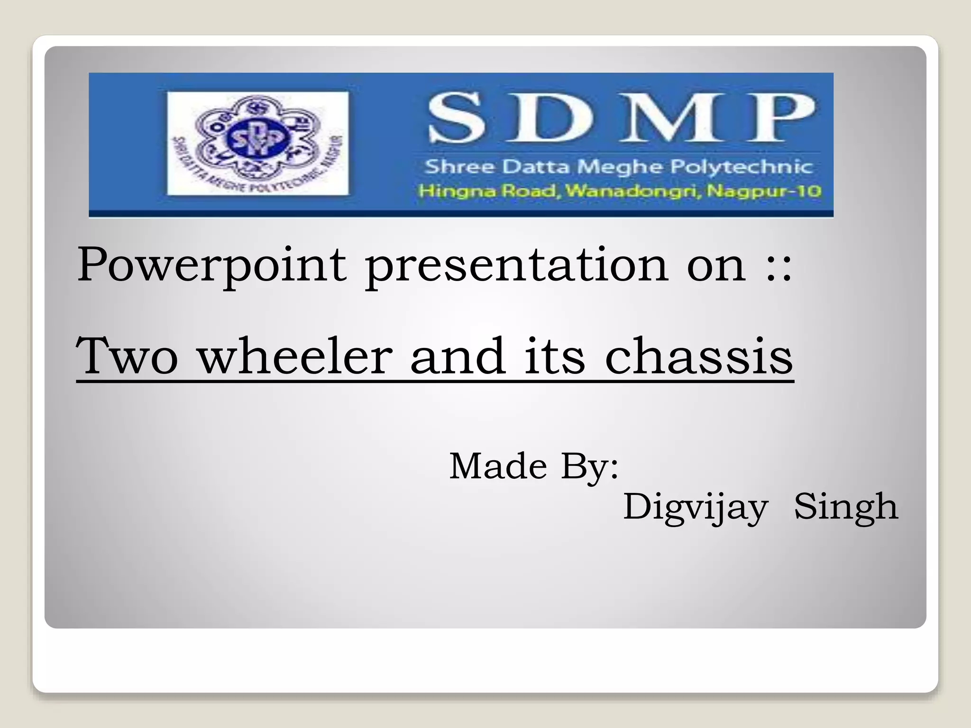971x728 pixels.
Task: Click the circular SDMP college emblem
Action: tap(257, 143)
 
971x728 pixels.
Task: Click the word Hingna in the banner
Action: tap(449, 191)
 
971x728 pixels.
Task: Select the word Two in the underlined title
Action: tap(127, 356)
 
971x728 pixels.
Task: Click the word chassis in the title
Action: tap(699, 356)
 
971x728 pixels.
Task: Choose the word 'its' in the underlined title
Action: tap(555, 356)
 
